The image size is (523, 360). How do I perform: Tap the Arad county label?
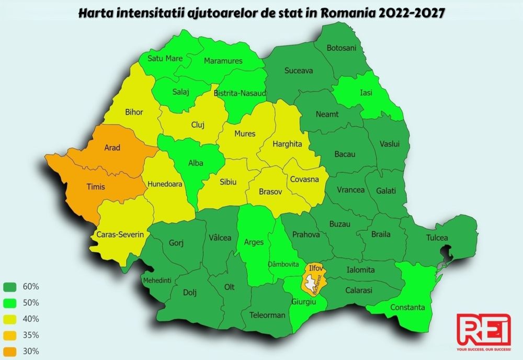(x=112, y=148)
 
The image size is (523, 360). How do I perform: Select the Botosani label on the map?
(x=341, y=48)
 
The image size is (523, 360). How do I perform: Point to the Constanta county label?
(x=408, y=307)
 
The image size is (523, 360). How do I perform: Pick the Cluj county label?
(x=198, y=125)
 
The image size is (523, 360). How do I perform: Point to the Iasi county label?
(x=366, y=93)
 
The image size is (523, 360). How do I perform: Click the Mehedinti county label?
(x=157, y=280)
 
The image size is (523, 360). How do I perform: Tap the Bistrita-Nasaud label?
(x=241, y=93)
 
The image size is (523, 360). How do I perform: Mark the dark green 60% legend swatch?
(x=11, y=287)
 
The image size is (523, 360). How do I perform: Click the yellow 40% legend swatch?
(x=11, y=319)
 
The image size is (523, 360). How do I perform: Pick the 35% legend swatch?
(x=11, y=335)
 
